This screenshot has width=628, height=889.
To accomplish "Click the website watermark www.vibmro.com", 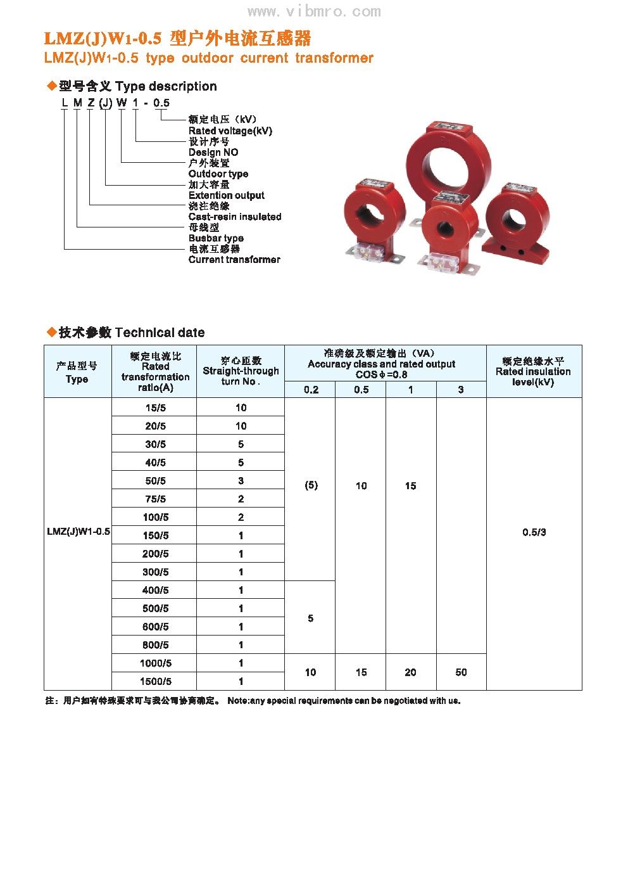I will pos(314,11).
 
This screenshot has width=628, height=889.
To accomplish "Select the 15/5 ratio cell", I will pos(155,407).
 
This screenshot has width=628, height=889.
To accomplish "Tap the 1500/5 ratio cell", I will pos(155,681).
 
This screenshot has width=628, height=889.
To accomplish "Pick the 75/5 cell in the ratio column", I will pos(155,499).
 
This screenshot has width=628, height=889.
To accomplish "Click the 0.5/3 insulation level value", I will pos(534,532).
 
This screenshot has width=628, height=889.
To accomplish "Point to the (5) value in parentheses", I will pos(311,485).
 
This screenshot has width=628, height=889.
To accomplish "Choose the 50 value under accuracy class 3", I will pos(461,672).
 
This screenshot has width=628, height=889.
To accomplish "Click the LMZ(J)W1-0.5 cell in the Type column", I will pos(78,532).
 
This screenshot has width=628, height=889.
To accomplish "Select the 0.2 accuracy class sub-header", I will pos(311,390).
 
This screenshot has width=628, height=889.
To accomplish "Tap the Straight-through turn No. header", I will pos(241,371).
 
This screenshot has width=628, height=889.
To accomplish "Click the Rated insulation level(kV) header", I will pos(533,371).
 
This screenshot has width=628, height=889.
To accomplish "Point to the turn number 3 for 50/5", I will pos(241,480).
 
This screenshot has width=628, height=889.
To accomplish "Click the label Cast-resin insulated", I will pos(234,217).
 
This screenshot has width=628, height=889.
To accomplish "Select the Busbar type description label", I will pos(216,238).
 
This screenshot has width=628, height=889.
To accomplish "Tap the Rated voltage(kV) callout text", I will pos(230,131).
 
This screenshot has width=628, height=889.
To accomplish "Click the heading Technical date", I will pos(160,333).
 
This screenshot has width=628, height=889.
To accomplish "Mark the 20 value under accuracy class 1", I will pos(410,672).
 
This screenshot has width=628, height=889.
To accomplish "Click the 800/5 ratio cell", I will pos(155,644).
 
